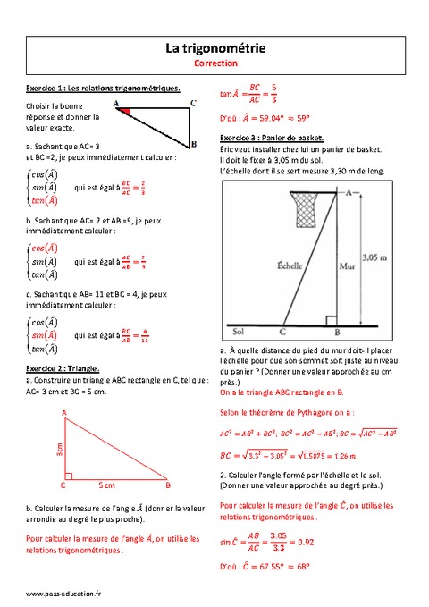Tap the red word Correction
click(x=214, y=64)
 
